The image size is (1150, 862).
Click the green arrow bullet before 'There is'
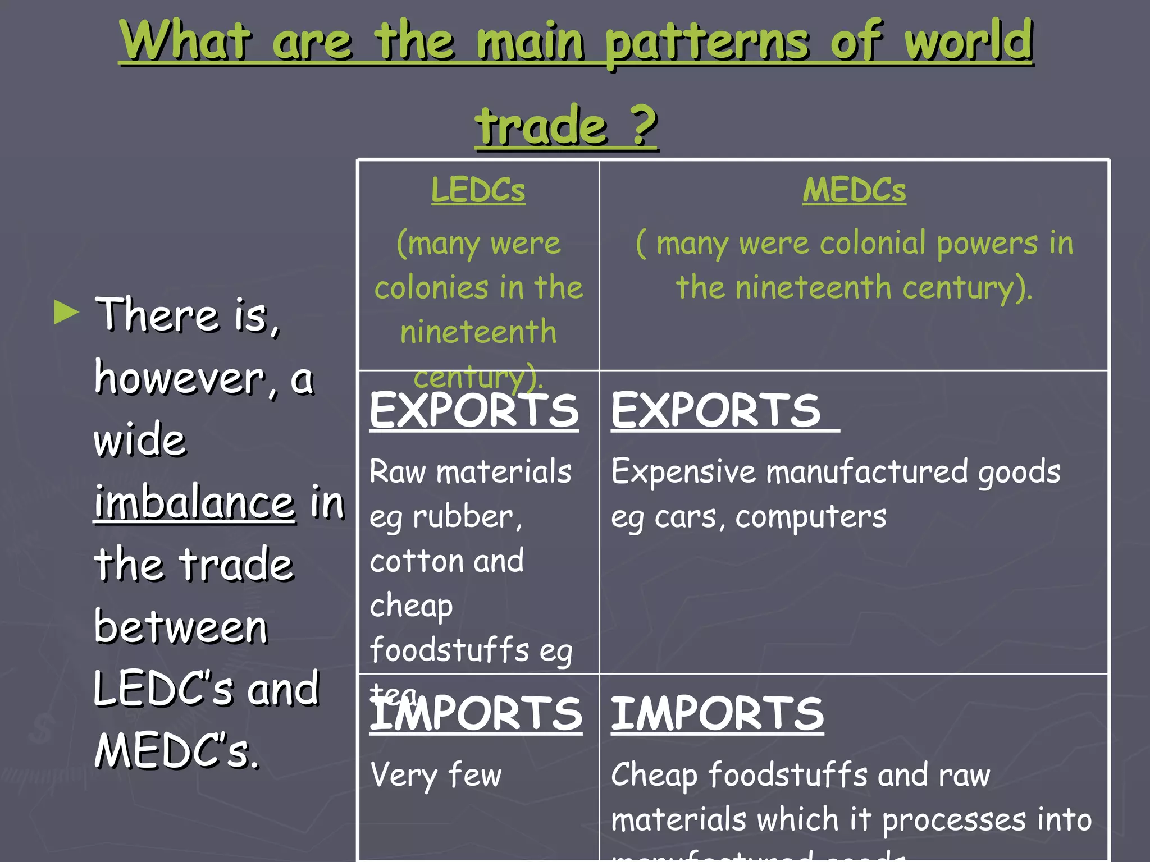66,313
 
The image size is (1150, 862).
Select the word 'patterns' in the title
707,43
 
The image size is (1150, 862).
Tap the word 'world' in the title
968,40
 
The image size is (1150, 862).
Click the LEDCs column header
478,190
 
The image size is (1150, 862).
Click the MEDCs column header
854,190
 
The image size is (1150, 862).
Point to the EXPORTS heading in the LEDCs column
474,411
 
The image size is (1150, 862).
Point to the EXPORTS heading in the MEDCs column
716,411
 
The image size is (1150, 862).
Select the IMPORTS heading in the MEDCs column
717,714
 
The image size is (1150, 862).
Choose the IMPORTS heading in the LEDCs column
476,714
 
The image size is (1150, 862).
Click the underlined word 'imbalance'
194,503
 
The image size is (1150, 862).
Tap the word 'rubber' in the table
464,517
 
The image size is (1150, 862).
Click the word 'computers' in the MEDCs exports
811,517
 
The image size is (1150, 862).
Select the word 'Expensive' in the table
683,471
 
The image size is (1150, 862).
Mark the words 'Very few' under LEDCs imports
436,776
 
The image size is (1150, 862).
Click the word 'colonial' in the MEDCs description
873,244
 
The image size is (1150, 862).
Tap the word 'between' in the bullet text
181,627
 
